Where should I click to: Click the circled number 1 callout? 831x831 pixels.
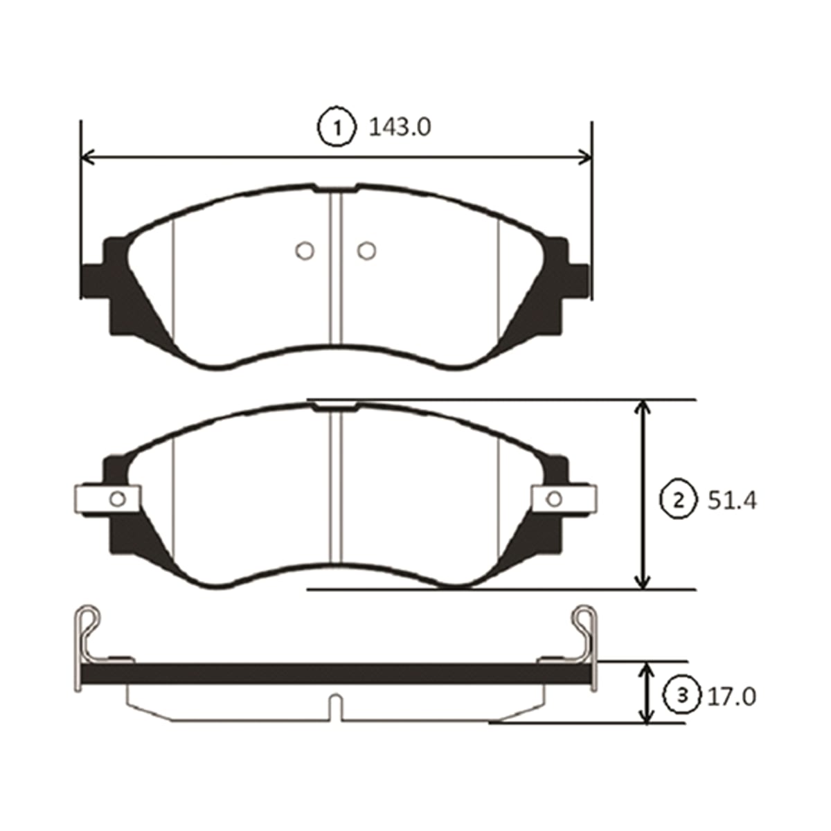click(x=337, y=128)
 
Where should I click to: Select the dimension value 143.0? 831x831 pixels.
click(x=400, y=127)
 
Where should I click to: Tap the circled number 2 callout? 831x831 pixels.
click(x=679, y=501)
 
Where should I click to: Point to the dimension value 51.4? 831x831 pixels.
click(x=732, y=501)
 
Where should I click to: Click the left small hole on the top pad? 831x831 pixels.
click(x=305, y=250)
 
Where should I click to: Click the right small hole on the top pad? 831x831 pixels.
click(x=366, y=250)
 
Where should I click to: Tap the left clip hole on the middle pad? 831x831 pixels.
click(x=117, y=499)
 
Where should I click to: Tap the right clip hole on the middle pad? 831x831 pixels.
click(x=554, y=499)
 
